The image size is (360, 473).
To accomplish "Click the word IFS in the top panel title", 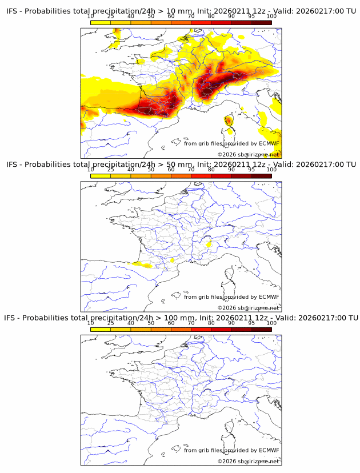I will [x=14, y=11].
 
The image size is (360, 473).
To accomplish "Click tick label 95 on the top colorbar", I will [x=251, y=17].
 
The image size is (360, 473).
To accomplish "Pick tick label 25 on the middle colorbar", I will [x=110, y=170].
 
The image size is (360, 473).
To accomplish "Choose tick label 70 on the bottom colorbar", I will [x=191, y=323].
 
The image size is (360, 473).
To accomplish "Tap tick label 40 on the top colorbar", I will [x=131, y=17].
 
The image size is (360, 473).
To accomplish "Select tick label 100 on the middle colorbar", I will [x=271, y=170].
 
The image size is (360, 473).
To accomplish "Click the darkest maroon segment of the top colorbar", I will [x=261, y=23].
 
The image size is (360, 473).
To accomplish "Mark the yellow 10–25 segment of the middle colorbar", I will [x=101, y=176].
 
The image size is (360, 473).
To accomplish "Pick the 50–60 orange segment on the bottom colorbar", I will [x=161, y=329].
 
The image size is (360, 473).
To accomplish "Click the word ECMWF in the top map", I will [x=269, y=143].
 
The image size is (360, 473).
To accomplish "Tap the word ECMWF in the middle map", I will [x=269, y=296].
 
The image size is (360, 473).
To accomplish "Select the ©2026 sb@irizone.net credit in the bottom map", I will [x=248, y=461].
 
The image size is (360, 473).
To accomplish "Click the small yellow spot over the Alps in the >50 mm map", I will [x=209, y=244].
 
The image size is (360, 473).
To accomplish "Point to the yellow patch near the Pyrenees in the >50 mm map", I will [x=140, y=264].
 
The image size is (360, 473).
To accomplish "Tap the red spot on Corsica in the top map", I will [x=229, y=120].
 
